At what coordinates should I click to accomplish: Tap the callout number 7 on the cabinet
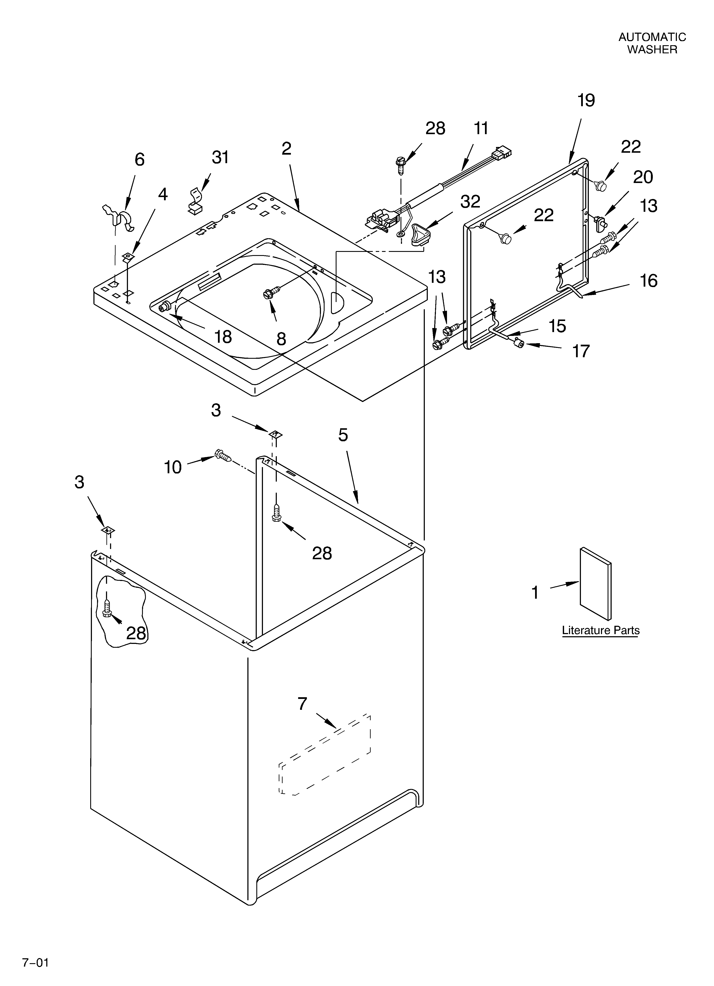[302, 703]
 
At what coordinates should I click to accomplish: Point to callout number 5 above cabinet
[343, 435]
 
